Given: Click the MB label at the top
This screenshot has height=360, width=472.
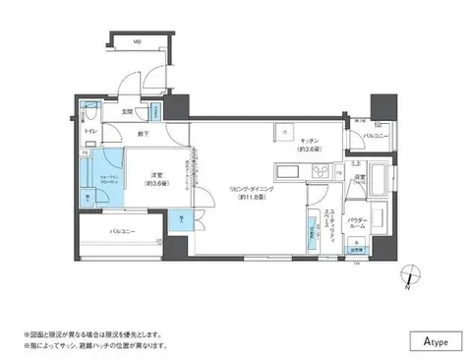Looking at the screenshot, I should pos(138,43).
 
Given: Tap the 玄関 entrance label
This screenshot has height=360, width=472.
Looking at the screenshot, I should pos(127,111).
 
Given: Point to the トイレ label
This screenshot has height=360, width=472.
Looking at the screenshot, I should pos(88,129).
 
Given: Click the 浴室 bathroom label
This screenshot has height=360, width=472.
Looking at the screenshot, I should pos(360,178).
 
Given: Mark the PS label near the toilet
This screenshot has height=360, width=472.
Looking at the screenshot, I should pos(84,153).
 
